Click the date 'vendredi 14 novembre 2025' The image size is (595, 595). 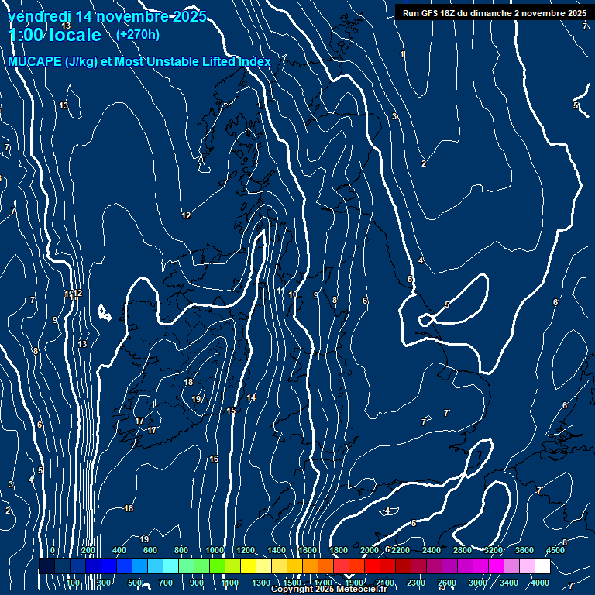(x=107, y=16)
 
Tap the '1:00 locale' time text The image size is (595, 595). (x=54, y=35)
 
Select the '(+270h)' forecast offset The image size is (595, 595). (x=137, y=34)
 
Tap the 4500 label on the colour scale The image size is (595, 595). (x=555, y=550)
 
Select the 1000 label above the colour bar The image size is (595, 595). (x=214, y=550)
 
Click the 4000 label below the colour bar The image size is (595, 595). (x=540, y=582)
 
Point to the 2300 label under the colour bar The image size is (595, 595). (x=415, y=582)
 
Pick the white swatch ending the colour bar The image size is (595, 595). (x=542, y=566)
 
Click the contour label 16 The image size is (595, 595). (x=214, y=459)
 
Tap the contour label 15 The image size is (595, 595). (x=231, y=411)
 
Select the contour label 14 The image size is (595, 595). (x=251, y=398)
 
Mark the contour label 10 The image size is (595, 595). (x=293, y=294)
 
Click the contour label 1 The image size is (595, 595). (x=402, y=54)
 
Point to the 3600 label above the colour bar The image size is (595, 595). (x=524, y=550)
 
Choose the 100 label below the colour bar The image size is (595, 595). (x=72, y=582)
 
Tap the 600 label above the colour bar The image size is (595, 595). (x=150, y=550)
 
